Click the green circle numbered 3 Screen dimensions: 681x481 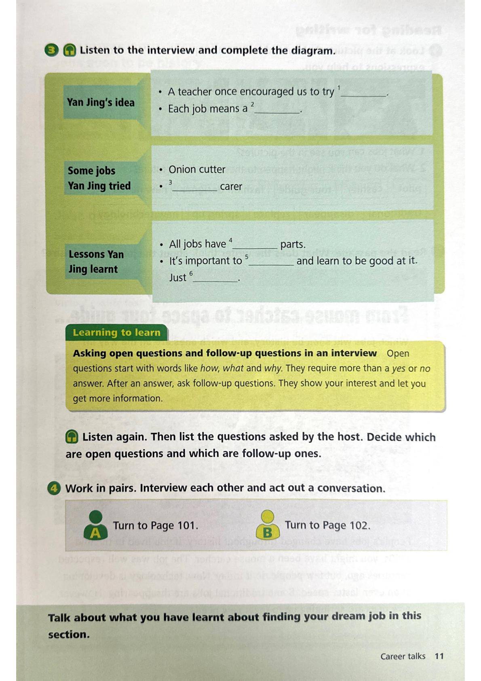coord(51,51)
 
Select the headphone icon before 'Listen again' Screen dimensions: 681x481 coord(72,437)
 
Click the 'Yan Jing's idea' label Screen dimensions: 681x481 coord(101,102)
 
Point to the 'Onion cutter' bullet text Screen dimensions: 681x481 coord(197,169)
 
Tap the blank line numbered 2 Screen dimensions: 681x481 coord(277,110)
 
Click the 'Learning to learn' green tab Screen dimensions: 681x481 coord(116,333)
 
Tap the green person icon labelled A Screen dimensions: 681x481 coord(95,525)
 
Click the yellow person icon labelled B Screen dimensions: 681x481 coord(268,525)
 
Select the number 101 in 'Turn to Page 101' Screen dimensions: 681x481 coord(186,526)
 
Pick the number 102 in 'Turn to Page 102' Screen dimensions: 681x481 coord(358,525)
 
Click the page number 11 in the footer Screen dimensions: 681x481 coord(439,656)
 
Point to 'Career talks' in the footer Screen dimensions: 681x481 coord(403,656)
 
